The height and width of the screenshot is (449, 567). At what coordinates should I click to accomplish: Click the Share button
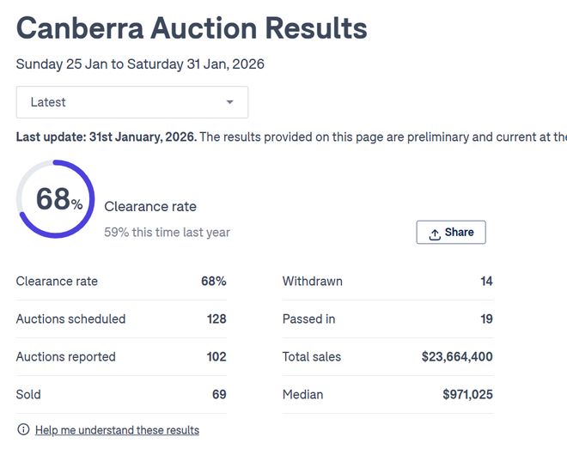point(451,232)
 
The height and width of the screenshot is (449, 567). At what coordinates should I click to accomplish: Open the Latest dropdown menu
point(132,102)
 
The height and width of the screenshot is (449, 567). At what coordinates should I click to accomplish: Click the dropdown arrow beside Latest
point(229,102)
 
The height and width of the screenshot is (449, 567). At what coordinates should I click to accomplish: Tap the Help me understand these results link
point(117,430)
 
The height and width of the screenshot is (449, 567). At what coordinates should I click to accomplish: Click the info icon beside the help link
point(23,429)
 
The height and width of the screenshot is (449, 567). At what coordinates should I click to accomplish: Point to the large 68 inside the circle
point(53,199)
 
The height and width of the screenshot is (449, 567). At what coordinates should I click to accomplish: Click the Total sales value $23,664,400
point(457,356)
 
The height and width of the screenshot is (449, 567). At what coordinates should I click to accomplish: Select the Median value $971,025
point(467,394)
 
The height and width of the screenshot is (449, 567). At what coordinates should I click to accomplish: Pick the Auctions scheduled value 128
point(216,319)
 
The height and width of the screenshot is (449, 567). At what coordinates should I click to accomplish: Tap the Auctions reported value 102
point(216,356)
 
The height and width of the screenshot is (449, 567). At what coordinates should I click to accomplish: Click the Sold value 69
point(219,394)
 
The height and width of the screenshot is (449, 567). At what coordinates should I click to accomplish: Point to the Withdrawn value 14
point(486,281)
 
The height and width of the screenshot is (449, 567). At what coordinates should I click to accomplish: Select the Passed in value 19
point(486,319)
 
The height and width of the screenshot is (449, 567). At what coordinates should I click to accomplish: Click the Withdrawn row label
point(313,281)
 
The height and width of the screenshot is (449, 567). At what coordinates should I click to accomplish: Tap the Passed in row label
point(308,319)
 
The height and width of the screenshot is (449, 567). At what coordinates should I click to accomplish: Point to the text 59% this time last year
point(167,232)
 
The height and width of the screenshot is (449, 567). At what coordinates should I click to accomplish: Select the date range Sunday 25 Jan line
point(140,64)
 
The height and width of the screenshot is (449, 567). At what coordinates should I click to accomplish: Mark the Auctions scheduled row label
point(70,319)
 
